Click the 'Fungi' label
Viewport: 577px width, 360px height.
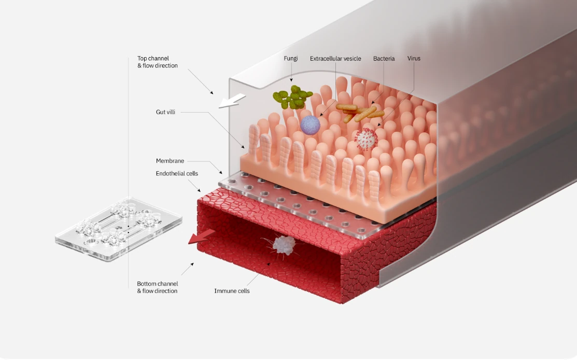[291, 59]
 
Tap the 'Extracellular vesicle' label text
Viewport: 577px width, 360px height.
[335, 59]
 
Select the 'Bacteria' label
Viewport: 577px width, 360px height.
[384, 59]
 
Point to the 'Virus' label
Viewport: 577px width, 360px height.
[414, 59]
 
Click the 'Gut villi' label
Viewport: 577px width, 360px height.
[165, 112]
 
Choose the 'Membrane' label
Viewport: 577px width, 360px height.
[170, 161]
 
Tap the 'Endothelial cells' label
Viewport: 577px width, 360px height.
[177, 173]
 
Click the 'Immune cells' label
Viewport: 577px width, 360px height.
[232, 291]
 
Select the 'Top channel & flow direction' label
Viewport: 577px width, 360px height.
[158, 62]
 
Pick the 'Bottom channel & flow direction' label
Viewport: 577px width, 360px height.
[158, 287]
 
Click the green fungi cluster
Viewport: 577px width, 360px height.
[292, 97]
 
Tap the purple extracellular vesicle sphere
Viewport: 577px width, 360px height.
[310, 125]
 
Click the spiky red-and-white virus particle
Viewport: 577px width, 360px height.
[367, 139]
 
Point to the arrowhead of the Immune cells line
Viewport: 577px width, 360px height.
[268, 262]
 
